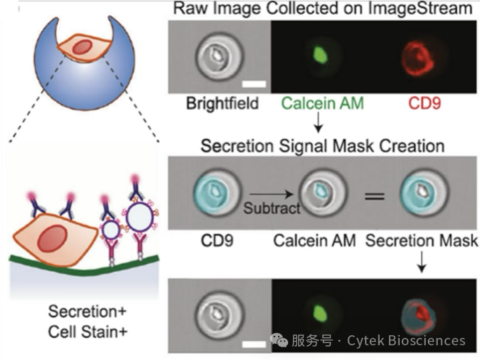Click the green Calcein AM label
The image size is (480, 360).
[322, 103]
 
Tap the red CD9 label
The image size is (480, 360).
[425, 103]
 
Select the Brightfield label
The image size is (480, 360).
[223, 103]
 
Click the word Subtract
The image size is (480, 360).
[272, 208]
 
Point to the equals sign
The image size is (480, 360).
[374, 196]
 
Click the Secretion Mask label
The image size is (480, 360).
[422, 240]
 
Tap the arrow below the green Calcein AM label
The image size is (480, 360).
[318, 122]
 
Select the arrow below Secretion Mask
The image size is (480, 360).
[422, 262]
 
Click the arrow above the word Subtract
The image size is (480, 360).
[271, 194]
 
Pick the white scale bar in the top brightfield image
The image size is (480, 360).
[254, 84]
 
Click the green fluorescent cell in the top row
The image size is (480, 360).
[320, 55]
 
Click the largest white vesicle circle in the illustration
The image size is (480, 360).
[140, 217]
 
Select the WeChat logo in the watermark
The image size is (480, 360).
[279, 340]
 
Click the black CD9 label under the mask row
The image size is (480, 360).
[217, 240]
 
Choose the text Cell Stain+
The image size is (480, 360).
[88, 332]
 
